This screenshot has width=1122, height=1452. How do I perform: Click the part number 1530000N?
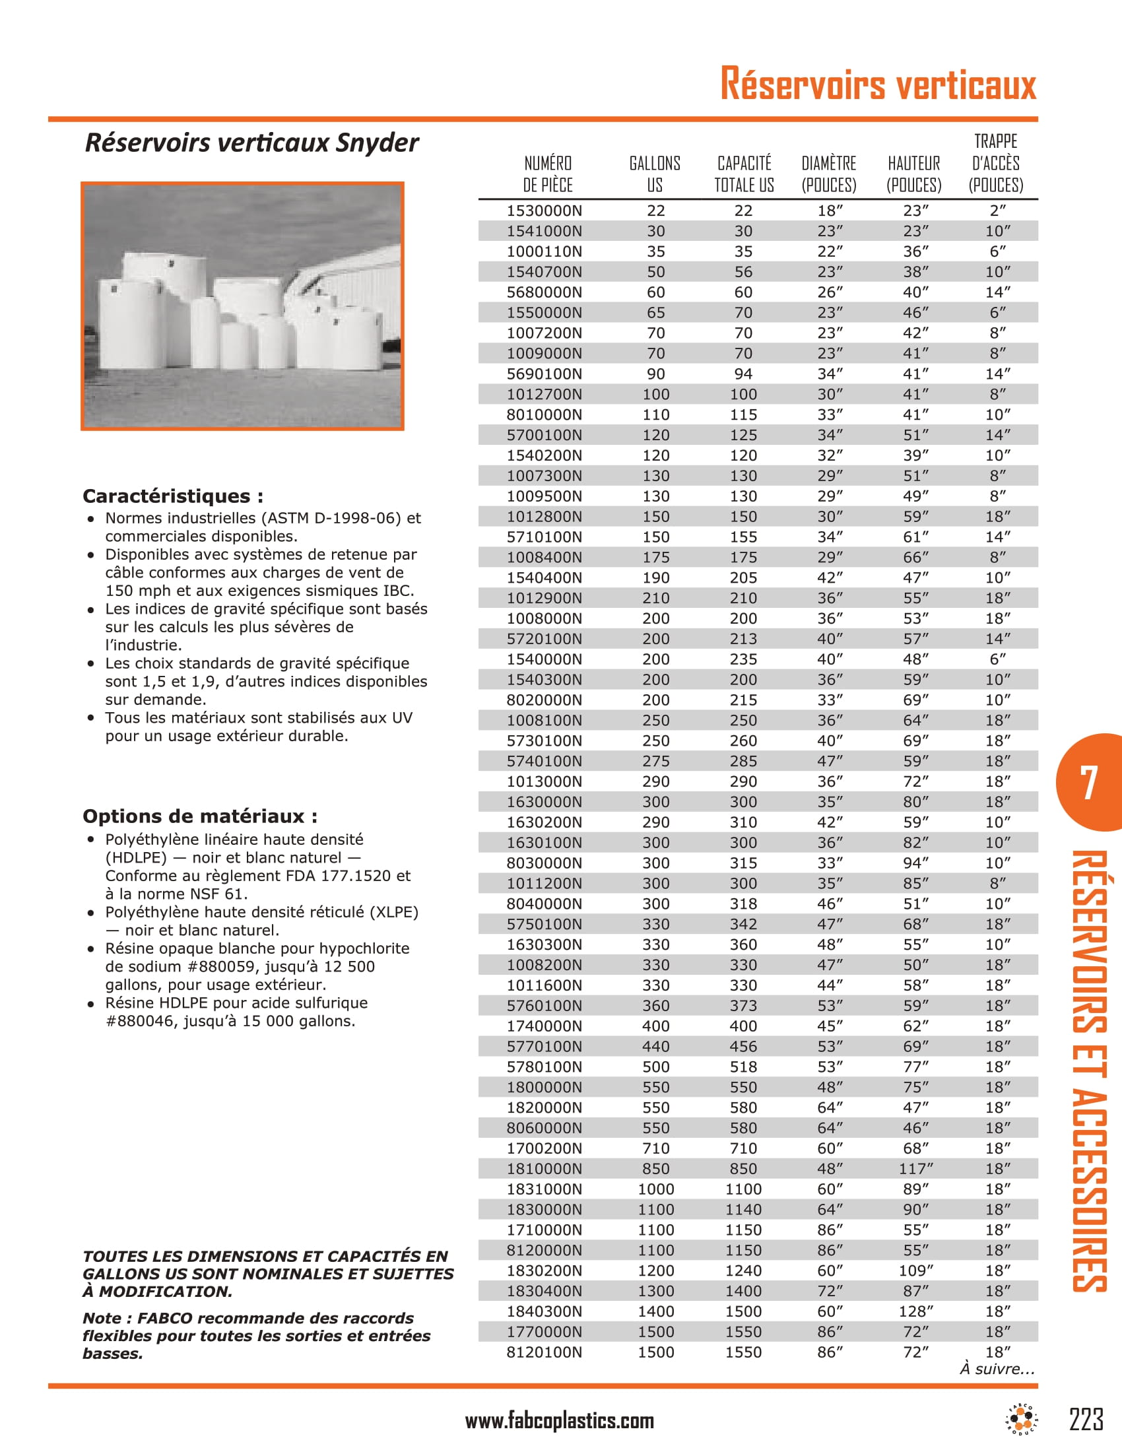tap(544, 211)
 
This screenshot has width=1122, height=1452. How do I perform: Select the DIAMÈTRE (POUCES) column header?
tap(829, 174)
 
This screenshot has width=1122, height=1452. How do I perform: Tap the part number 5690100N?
tap(544, 374)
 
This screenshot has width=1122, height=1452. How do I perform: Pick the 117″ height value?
tap(916, 1169)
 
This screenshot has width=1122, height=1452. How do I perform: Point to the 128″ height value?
tap(916, 1311)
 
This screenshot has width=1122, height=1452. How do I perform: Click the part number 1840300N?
tap(544, 1311)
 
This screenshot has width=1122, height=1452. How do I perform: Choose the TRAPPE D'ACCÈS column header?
tap(996, 164)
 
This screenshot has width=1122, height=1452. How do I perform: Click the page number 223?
tap(1086, 1420)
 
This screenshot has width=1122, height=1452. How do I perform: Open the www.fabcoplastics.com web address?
tap(559, 1421)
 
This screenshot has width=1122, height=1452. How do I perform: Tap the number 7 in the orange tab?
tap(1088, 783)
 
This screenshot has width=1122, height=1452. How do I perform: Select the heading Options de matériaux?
tap(199, 816)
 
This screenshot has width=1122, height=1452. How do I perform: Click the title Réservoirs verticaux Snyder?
tap(252, 143)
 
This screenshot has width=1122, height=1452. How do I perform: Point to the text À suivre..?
tap(997, 1369)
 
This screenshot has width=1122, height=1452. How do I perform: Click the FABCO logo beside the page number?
tap(1022, 1420)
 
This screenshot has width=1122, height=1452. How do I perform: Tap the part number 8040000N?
tap(544, 904)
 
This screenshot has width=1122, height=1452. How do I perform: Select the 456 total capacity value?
tap(743, 1047)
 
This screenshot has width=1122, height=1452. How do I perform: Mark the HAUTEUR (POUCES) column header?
tap(914, 174)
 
